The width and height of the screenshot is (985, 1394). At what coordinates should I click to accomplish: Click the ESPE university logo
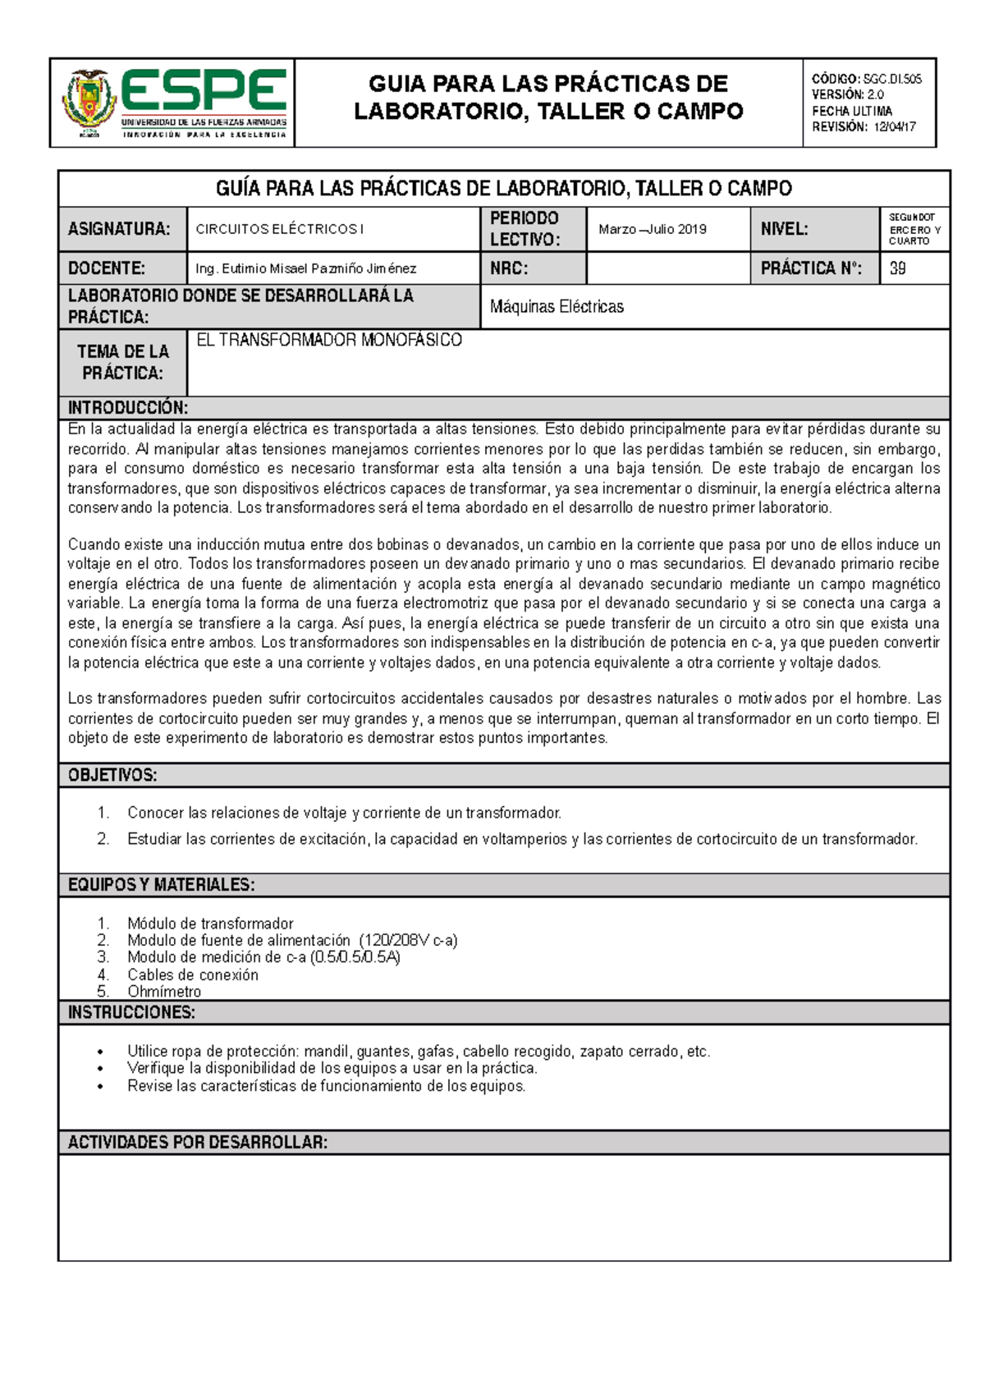coord(174,103)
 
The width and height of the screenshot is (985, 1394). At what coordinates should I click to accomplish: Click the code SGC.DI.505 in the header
coord(891,79)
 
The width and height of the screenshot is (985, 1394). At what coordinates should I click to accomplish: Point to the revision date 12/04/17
coord(895,126)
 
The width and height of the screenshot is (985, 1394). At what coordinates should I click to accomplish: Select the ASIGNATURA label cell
coord(120,229)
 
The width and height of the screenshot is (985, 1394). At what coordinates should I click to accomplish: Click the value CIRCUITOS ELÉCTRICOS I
coord(279,229)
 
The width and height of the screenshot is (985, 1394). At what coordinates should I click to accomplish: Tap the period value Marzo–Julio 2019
coord(653,229)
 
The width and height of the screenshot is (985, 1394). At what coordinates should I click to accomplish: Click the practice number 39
coord(897,268)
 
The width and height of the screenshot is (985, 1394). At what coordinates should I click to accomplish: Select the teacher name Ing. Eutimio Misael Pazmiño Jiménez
coord(305,268)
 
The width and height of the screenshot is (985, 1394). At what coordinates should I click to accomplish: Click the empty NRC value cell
coord(667,268)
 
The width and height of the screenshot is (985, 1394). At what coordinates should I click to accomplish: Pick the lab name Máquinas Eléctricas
coord(557,307)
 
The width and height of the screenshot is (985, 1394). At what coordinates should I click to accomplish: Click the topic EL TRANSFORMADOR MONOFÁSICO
coord(329,340)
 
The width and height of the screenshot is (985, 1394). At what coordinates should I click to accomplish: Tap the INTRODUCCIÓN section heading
coord(128,408)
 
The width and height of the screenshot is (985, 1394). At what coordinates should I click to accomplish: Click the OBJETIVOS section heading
coord(112,775)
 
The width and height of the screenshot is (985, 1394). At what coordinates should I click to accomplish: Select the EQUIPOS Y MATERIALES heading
coord(161,884)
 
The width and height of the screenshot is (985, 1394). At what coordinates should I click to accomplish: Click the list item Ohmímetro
coord(164,991)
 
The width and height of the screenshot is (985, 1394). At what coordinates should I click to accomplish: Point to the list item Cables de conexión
coord(193,974)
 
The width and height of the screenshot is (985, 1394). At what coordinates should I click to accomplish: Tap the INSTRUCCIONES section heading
coord(131,1012)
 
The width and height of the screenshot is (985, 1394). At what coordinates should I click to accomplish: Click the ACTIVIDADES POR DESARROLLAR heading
coord(197,1142)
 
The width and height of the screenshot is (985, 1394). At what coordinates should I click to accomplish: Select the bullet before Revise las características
coord(100,1087)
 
